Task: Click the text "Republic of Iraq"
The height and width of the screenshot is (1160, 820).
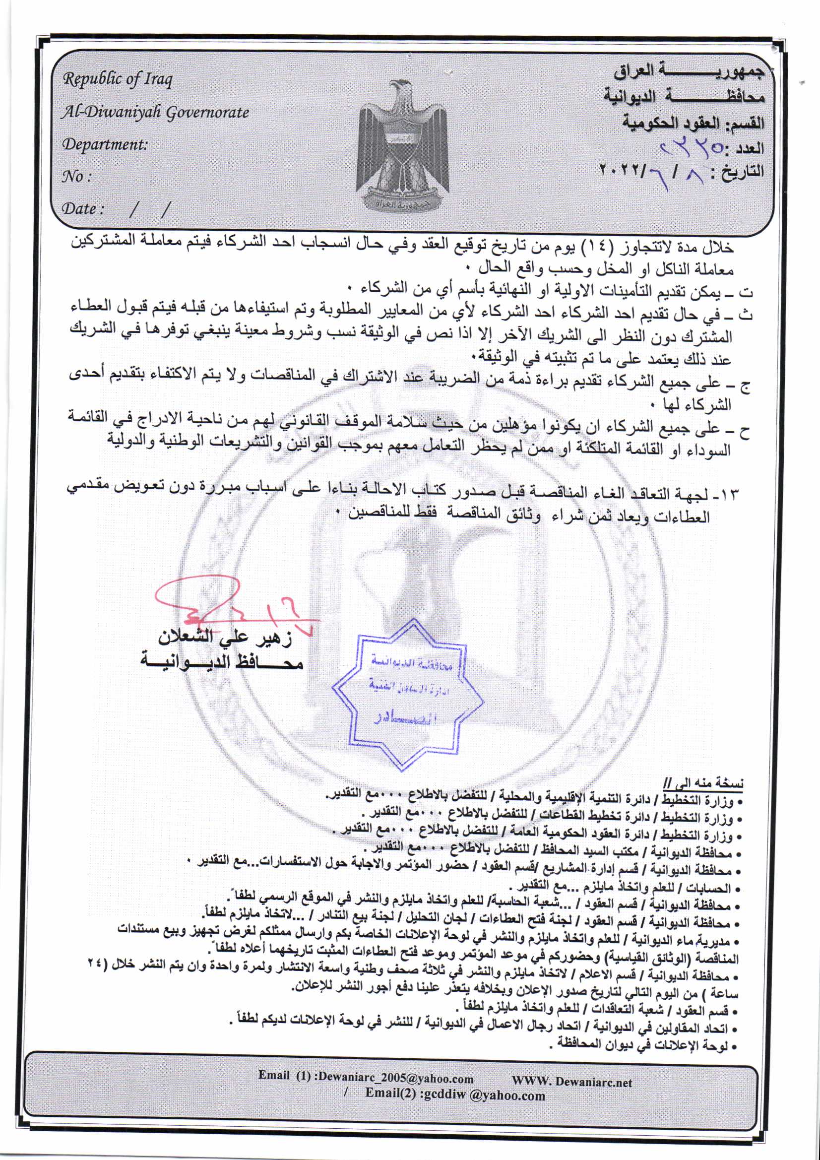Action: click(117, 79)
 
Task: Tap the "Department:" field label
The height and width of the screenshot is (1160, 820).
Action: click(105, 144)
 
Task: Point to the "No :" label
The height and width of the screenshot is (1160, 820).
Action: click(76, 176)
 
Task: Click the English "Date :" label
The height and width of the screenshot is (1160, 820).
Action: click(83, 208)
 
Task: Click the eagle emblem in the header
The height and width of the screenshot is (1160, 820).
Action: click(402, 146)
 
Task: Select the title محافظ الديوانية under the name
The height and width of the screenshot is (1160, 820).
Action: click(222, 661)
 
